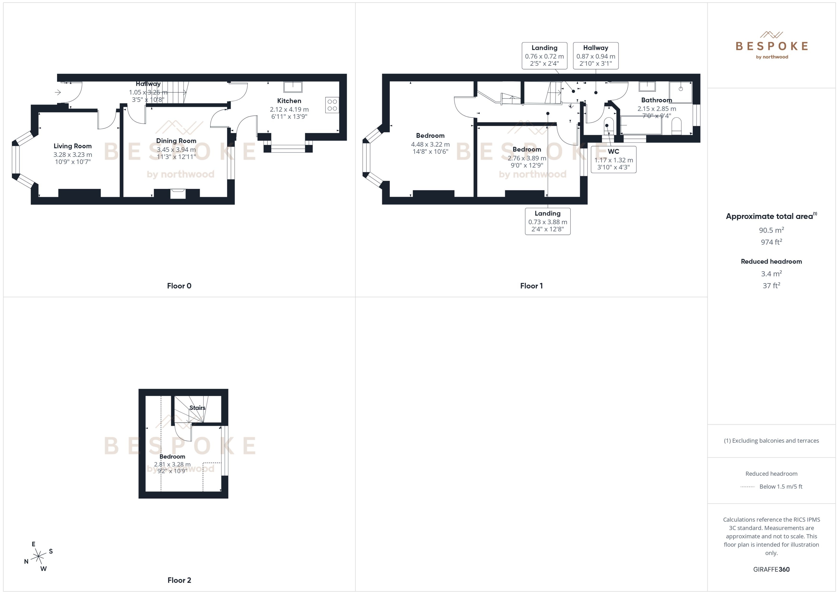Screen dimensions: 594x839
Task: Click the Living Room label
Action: pos(72,146)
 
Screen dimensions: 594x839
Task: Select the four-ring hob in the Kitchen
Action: pos(332,105)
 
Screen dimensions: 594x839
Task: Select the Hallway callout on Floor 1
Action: pos(595,56)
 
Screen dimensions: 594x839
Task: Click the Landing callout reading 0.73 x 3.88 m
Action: pos(547,221)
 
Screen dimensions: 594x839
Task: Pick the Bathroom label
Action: pos(656,100)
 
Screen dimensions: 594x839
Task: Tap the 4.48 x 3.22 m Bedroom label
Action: pos(430,144)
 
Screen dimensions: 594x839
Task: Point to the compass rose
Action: pos(38,557)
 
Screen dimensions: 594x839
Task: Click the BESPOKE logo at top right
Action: pos(771,46)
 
